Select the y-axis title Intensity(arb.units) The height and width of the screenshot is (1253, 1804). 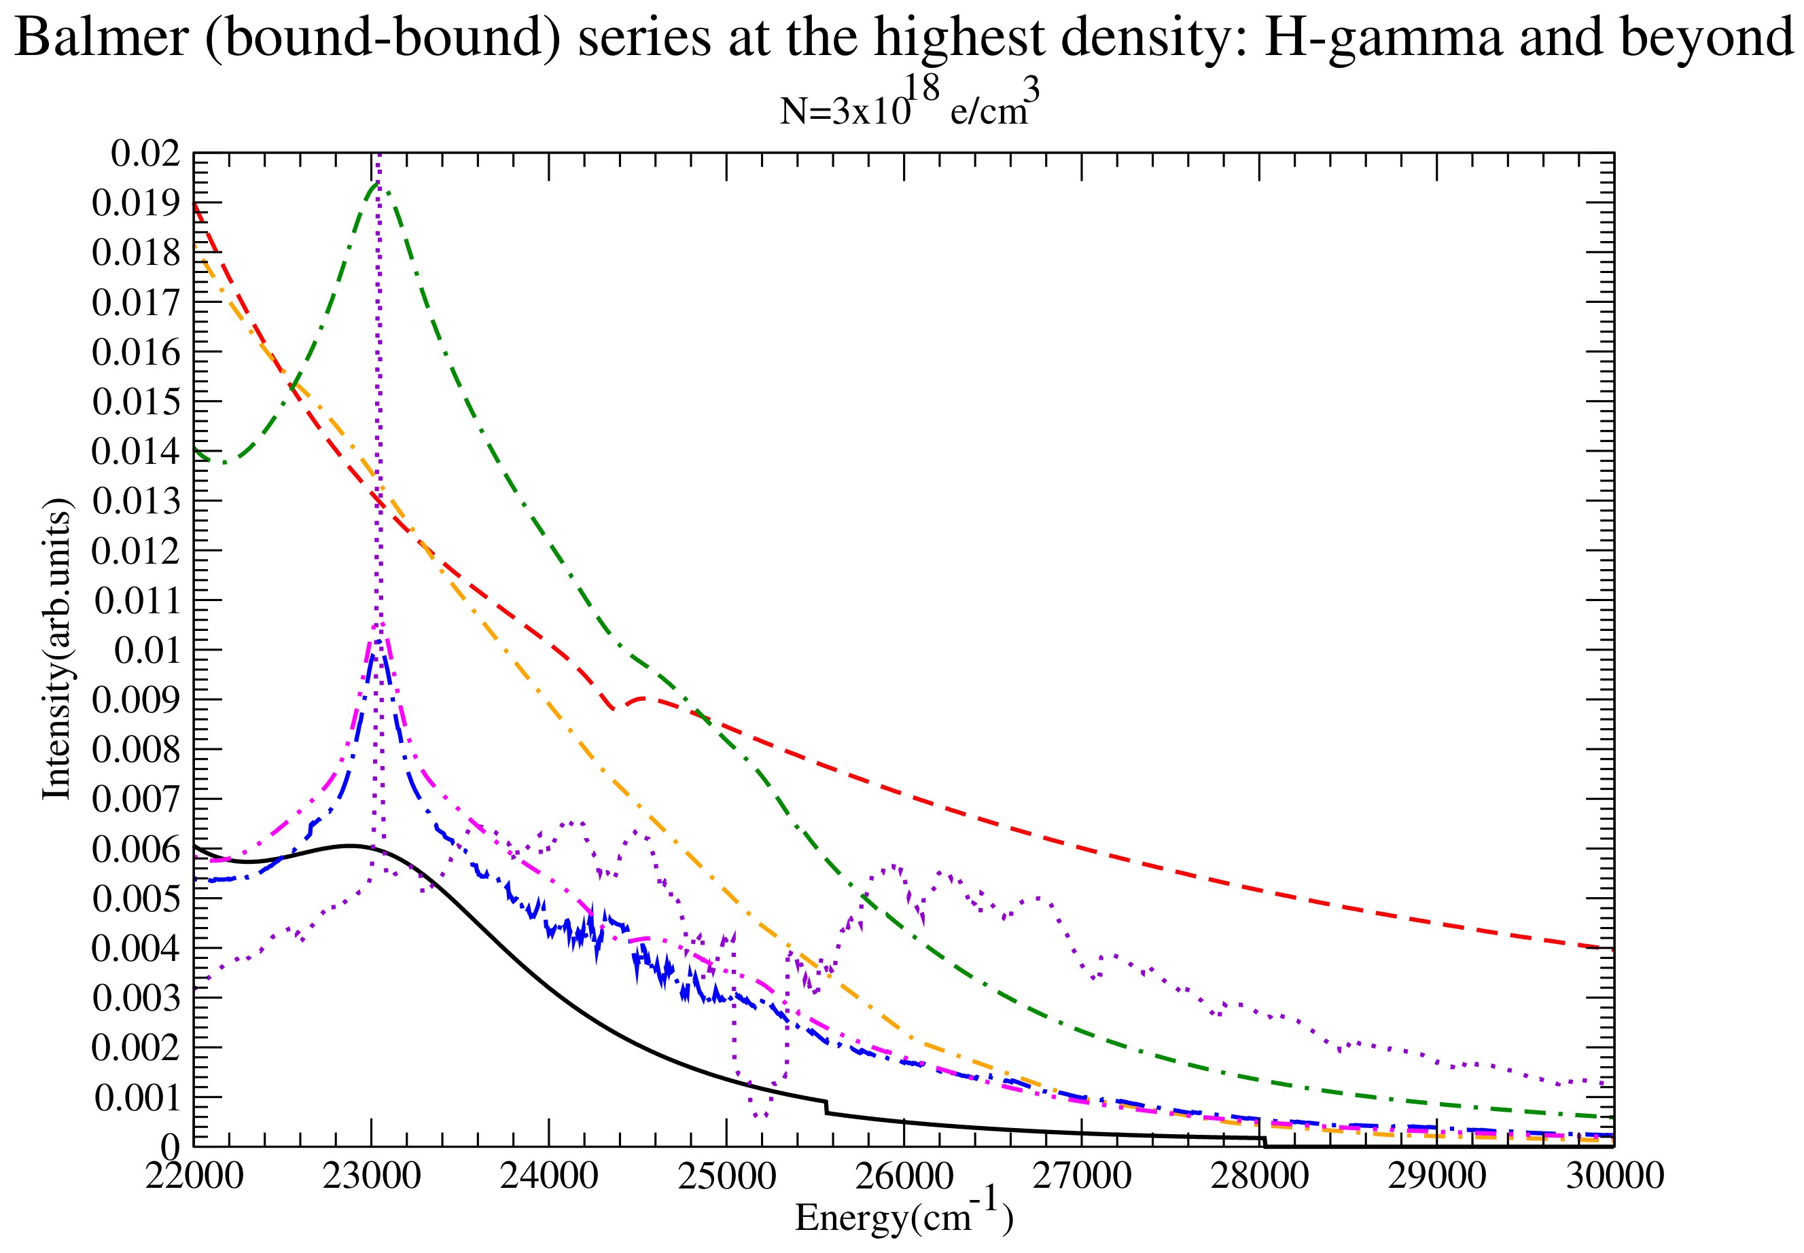click(56, 649)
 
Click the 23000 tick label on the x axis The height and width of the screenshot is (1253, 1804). click(371, 1176)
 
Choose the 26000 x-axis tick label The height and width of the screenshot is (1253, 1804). click(903, 1176)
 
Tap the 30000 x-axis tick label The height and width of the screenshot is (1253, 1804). click(1614, 1176)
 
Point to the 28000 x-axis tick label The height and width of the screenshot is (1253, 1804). click(1259, 1176)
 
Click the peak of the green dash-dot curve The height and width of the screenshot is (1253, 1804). click(377, 184)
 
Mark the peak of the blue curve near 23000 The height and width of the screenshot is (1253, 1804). click(378, 641)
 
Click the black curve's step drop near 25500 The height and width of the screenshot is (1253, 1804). click(826, 1107)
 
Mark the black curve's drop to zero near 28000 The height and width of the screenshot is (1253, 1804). click(1264, 1142)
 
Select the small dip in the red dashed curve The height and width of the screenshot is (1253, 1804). click(614, 709)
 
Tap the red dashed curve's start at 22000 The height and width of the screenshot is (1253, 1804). click(195, 204)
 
